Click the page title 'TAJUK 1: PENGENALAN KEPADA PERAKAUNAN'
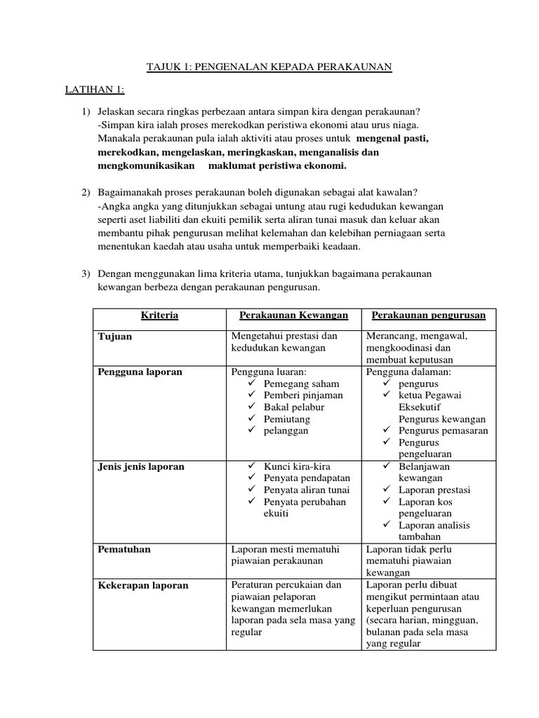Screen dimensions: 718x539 [269, 67]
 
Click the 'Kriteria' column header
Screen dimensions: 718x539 [159, 316]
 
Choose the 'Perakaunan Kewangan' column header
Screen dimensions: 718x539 [290, 316]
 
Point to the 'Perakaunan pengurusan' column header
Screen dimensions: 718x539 [428, 316]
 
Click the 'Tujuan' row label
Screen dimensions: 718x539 [115, 337]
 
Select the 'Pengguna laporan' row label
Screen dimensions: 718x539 [139, 372]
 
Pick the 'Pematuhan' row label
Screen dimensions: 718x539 [124, 549]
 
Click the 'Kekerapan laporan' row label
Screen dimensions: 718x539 [143, 585]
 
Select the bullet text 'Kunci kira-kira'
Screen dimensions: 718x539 [297, 466]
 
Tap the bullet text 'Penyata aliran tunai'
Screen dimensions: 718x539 [307, 490]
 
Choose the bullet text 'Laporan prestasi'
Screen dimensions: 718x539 [434, 490]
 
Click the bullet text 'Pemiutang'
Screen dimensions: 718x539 [286, 419]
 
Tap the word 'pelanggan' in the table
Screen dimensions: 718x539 [286, 431]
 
